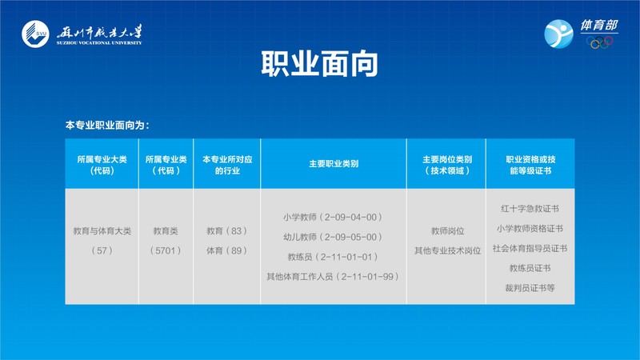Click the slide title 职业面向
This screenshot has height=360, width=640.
[319, 64]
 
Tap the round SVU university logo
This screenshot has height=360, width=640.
[35, 34]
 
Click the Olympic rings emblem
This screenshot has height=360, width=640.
[599, 42]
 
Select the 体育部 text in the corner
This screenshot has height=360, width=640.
[598, 26]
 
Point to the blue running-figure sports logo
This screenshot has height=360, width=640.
[558, 34]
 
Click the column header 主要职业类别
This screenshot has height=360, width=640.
[334, 164]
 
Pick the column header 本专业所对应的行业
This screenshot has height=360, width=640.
[227, 165]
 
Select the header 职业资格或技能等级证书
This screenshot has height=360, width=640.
[530, 165]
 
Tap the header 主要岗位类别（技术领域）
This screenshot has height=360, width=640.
[447, 165]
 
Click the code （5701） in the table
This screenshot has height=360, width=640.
[166, 250]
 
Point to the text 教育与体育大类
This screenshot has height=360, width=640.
[102, 231]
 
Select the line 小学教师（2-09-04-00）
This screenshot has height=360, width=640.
[333, 217]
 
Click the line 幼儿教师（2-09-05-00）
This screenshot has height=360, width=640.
[333, 237]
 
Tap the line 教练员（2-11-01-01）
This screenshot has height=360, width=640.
[333, 257]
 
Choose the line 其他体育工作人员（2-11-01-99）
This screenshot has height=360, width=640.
[333, 277]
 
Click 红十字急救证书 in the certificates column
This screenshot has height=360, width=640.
[530, 209]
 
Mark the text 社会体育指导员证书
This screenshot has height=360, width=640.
[530, 248]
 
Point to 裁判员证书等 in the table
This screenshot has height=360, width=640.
[530, 288]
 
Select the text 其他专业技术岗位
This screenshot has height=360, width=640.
[447, 250]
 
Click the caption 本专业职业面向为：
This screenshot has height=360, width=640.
[107, 126]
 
